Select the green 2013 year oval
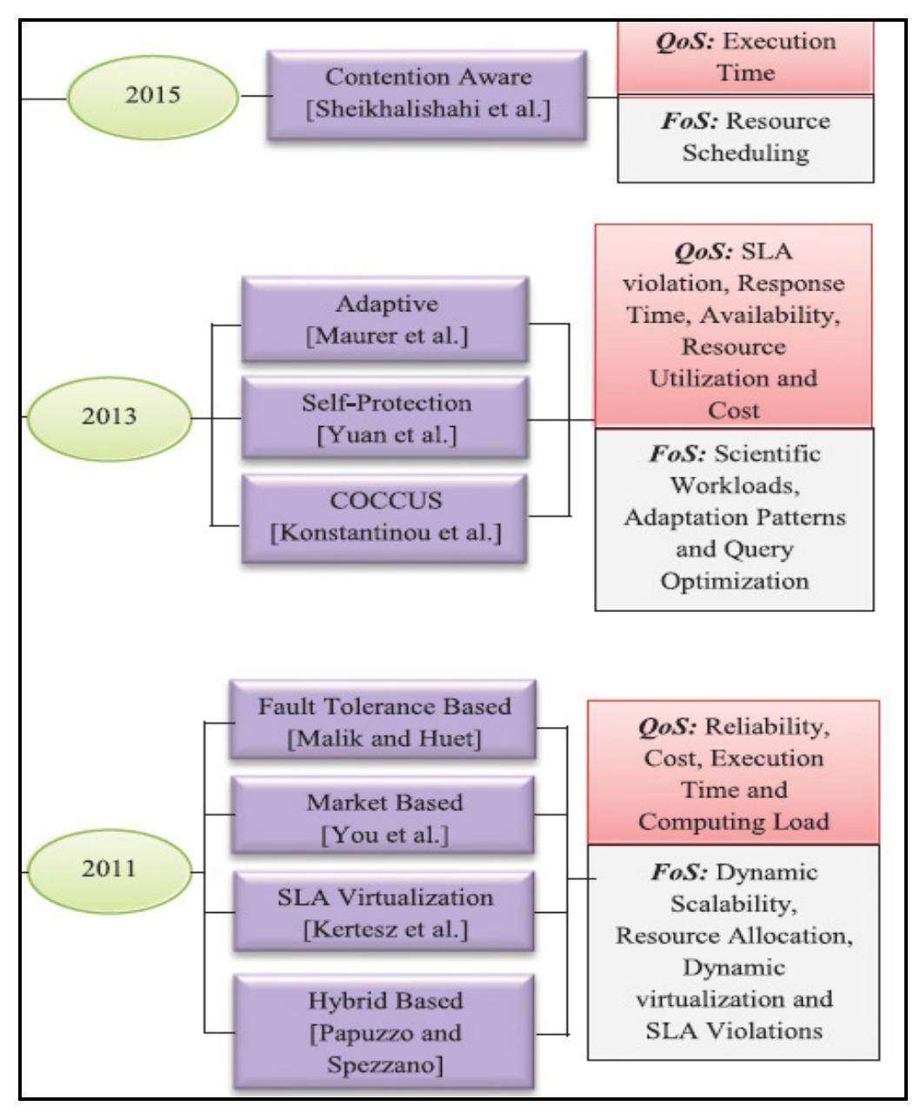pyautogui.click(x=110, y=416)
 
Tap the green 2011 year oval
pyautogui.click(x=110, y=870)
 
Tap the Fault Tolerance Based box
pyautogui.click(x=383, y=718)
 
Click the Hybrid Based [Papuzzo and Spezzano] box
pyautogui.click(x=383, y=1033)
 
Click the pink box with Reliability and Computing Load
pyautogui.click(x=733, y=772)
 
